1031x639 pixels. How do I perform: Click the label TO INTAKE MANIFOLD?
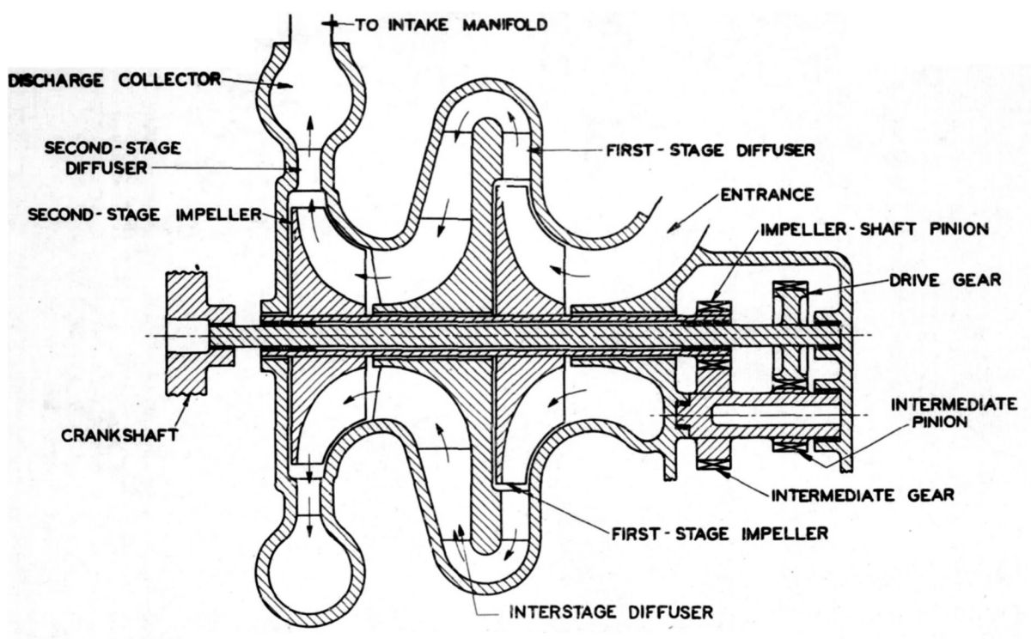click(x=451, y=25)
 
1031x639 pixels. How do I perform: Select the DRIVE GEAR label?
click(x=947, y=281)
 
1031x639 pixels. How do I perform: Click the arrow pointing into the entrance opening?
click(x=687, y=218)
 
